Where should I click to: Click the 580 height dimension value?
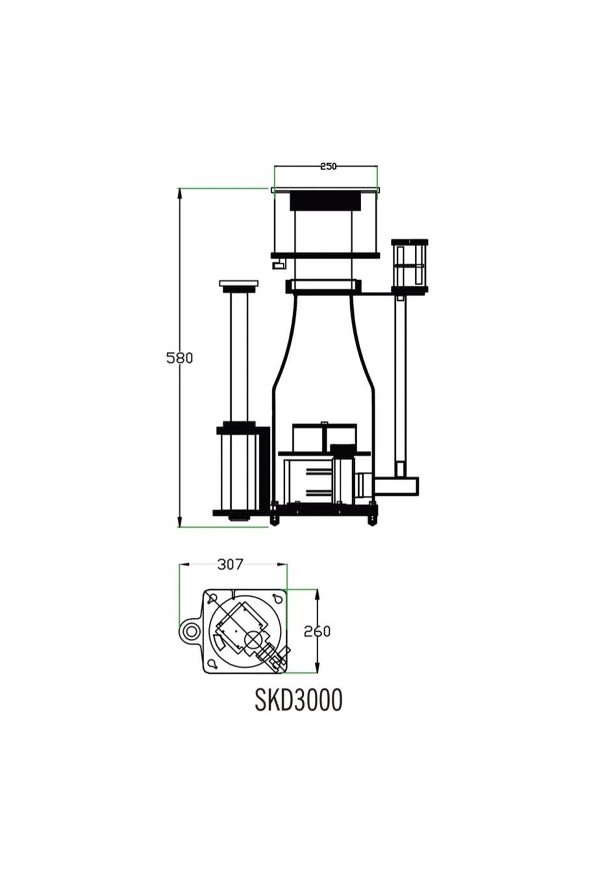pyautogui.click(x=179, y=358)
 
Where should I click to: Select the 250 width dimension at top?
pyautogui.click(x=328, y=166)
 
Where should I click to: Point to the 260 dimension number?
pyautogui.click(x=317, y=631)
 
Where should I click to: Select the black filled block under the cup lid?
pyautogui.click(x=326, y=202)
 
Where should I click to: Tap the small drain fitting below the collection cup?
pyautogui.click(x=278, y=265)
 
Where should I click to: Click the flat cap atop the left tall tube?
pyautogui.click(x=239, y=283)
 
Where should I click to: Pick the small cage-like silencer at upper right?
pyautogui.click(x=410, y=266)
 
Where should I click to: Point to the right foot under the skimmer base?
pyautogui.click(x=372, y=520)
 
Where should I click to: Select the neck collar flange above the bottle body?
pyautogui.click(x=323, y=286)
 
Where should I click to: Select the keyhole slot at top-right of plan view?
pyautogui.click(x=277, y=599)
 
